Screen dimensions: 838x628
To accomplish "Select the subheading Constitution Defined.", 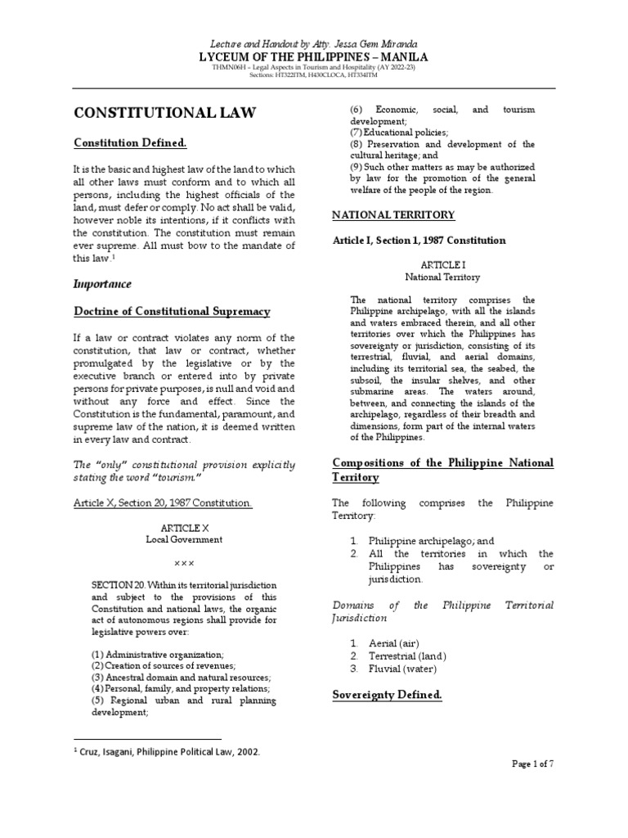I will (x=130, y=143).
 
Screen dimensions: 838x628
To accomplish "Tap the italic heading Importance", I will (x=102, y=284).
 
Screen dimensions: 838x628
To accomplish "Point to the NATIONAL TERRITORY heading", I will (x=392, y=214).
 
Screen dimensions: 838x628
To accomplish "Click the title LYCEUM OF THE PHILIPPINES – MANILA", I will (x=315, y=56).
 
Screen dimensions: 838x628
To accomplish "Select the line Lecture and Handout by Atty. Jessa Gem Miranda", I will (x=315, y=42).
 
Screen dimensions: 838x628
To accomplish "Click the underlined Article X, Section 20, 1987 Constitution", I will (x=163, y=502).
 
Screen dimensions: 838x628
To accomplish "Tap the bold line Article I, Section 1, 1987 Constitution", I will (x=418, y=241).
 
